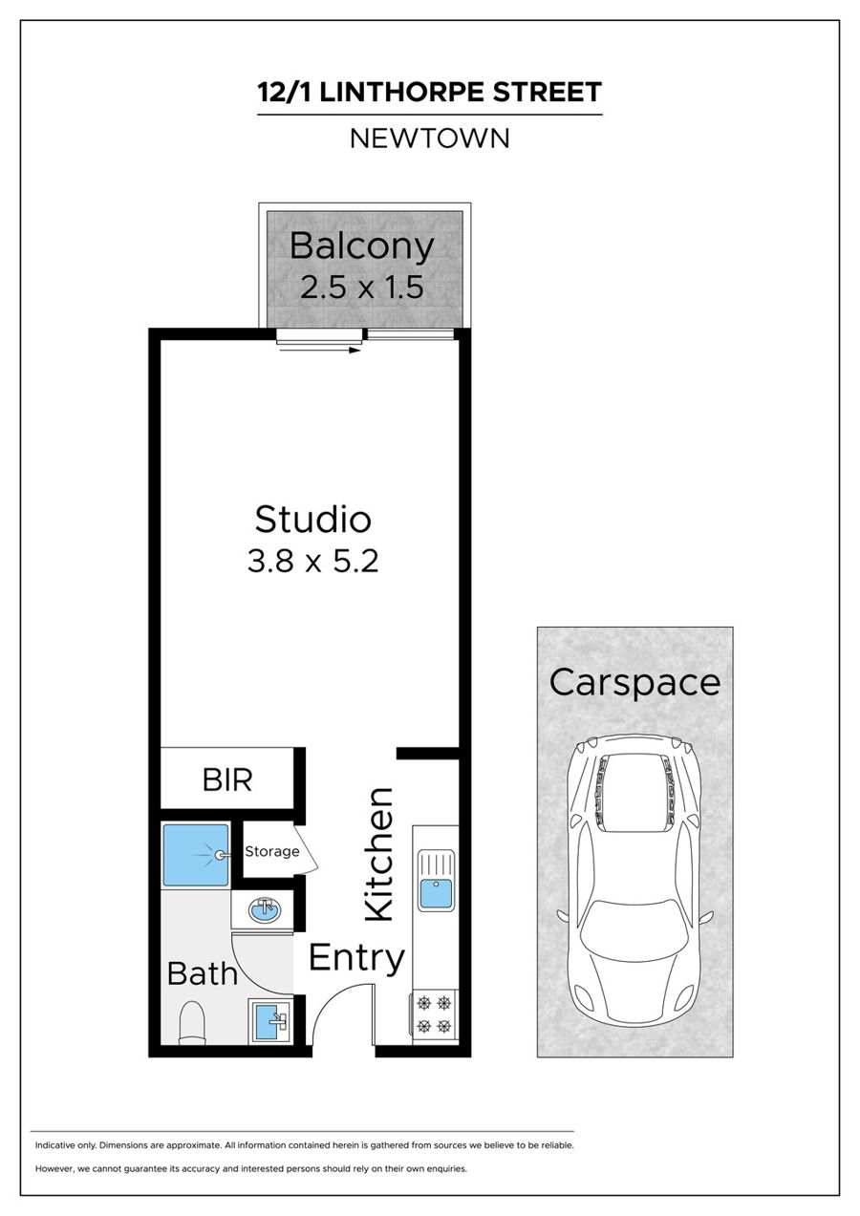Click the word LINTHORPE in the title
(401, 92)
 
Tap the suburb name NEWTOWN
(429, 139)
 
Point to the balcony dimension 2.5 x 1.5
(362, 288)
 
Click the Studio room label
(313, 519)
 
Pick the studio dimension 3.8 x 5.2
(312, 561)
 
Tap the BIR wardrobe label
(227, 780)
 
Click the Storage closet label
(272, 851)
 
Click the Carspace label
(634, 684)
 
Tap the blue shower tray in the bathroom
(196, 855)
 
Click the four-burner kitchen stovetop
(435, 1013)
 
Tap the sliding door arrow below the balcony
(320, 351)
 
